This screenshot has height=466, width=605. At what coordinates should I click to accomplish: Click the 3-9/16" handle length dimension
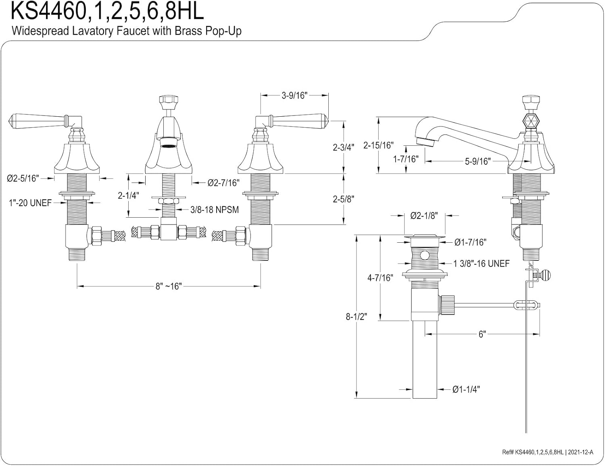tap(294, 95)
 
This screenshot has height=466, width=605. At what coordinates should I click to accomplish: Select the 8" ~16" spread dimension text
tap(169, 286)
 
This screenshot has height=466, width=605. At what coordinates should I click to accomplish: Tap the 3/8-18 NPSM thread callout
tap(215, 210)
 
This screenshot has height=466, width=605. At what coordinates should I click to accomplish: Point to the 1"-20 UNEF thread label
tap(30, 203)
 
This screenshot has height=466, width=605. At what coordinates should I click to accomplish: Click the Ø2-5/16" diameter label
tap(23, 178)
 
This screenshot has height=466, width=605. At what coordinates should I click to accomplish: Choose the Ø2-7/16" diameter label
tap(223, 183)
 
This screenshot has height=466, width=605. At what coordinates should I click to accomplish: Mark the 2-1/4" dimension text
tap(128, 195)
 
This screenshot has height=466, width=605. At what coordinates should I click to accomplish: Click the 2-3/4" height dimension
tap(344, 147)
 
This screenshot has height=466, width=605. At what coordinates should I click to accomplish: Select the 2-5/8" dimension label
tap(344, 199)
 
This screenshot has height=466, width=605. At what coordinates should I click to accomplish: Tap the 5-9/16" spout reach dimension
tap(478, 162)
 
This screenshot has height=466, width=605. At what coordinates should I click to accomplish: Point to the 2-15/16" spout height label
tap(378, 145)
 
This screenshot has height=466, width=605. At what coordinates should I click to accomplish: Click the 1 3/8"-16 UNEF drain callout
tap(481, 264)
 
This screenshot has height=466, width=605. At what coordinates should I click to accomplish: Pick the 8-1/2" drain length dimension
tap(356, 317)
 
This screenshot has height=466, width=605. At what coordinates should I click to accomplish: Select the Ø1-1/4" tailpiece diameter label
tap(466, 390)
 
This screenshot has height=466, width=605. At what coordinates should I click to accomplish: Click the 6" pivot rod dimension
tap(482, 334)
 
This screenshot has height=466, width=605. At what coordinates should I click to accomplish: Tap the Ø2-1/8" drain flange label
tap(424, 216)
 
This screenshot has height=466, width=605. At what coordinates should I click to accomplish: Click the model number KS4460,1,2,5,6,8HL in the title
tap(107, 11)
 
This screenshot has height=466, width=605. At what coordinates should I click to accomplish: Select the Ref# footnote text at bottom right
tap(548, 452)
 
